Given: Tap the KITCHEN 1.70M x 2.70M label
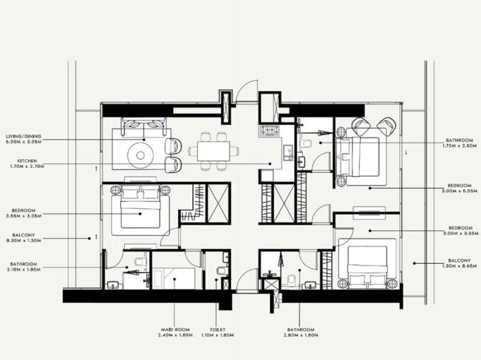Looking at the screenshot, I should pos(26,163).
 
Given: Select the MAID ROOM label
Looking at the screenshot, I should pos(174,333).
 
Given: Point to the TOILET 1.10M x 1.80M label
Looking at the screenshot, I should pos(218,333).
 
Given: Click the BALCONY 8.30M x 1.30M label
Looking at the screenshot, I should pos(26,237).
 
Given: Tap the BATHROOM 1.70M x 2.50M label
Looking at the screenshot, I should pos(459,143).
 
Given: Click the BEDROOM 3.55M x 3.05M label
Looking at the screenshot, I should pos(26,213).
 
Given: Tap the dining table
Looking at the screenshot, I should pos(214,149).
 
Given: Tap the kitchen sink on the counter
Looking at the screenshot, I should pos(288,151).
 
